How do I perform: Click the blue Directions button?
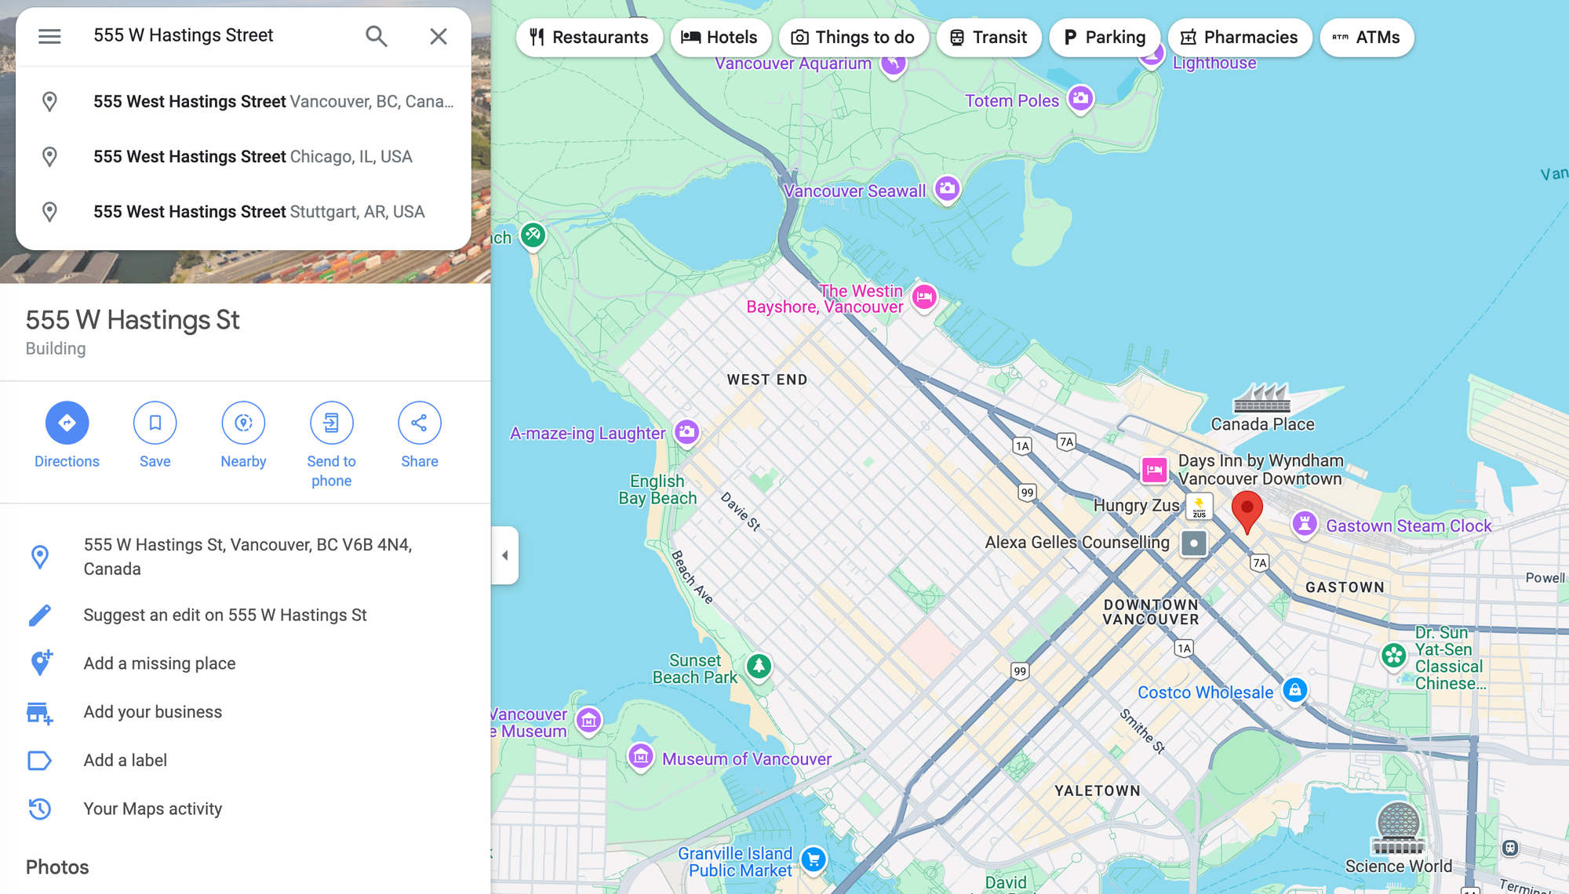67,423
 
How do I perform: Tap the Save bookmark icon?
155,423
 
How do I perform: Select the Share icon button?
419,423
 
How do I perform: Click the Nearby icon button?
243,423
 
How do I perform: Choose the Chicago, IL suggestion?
252,157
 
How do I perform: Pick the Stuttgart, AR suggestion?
258,212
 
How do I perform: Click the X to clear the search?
438,36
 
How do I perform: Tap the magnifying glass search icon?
377,36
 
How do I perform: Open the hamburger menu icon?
49,36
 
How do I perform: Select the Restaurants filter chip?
589,38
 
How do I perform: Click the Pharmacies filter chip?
1240,38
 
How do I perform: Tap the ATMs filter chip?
1367,38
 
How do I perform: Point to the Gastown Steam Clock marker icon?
1304,524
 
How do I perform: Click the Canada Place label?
1262,424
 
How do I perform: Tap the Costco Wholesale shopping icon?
1294,691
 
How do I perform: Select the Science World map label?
1398,867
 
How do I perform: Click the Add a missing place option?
159,663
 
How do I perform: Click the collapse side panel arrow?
504,555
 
